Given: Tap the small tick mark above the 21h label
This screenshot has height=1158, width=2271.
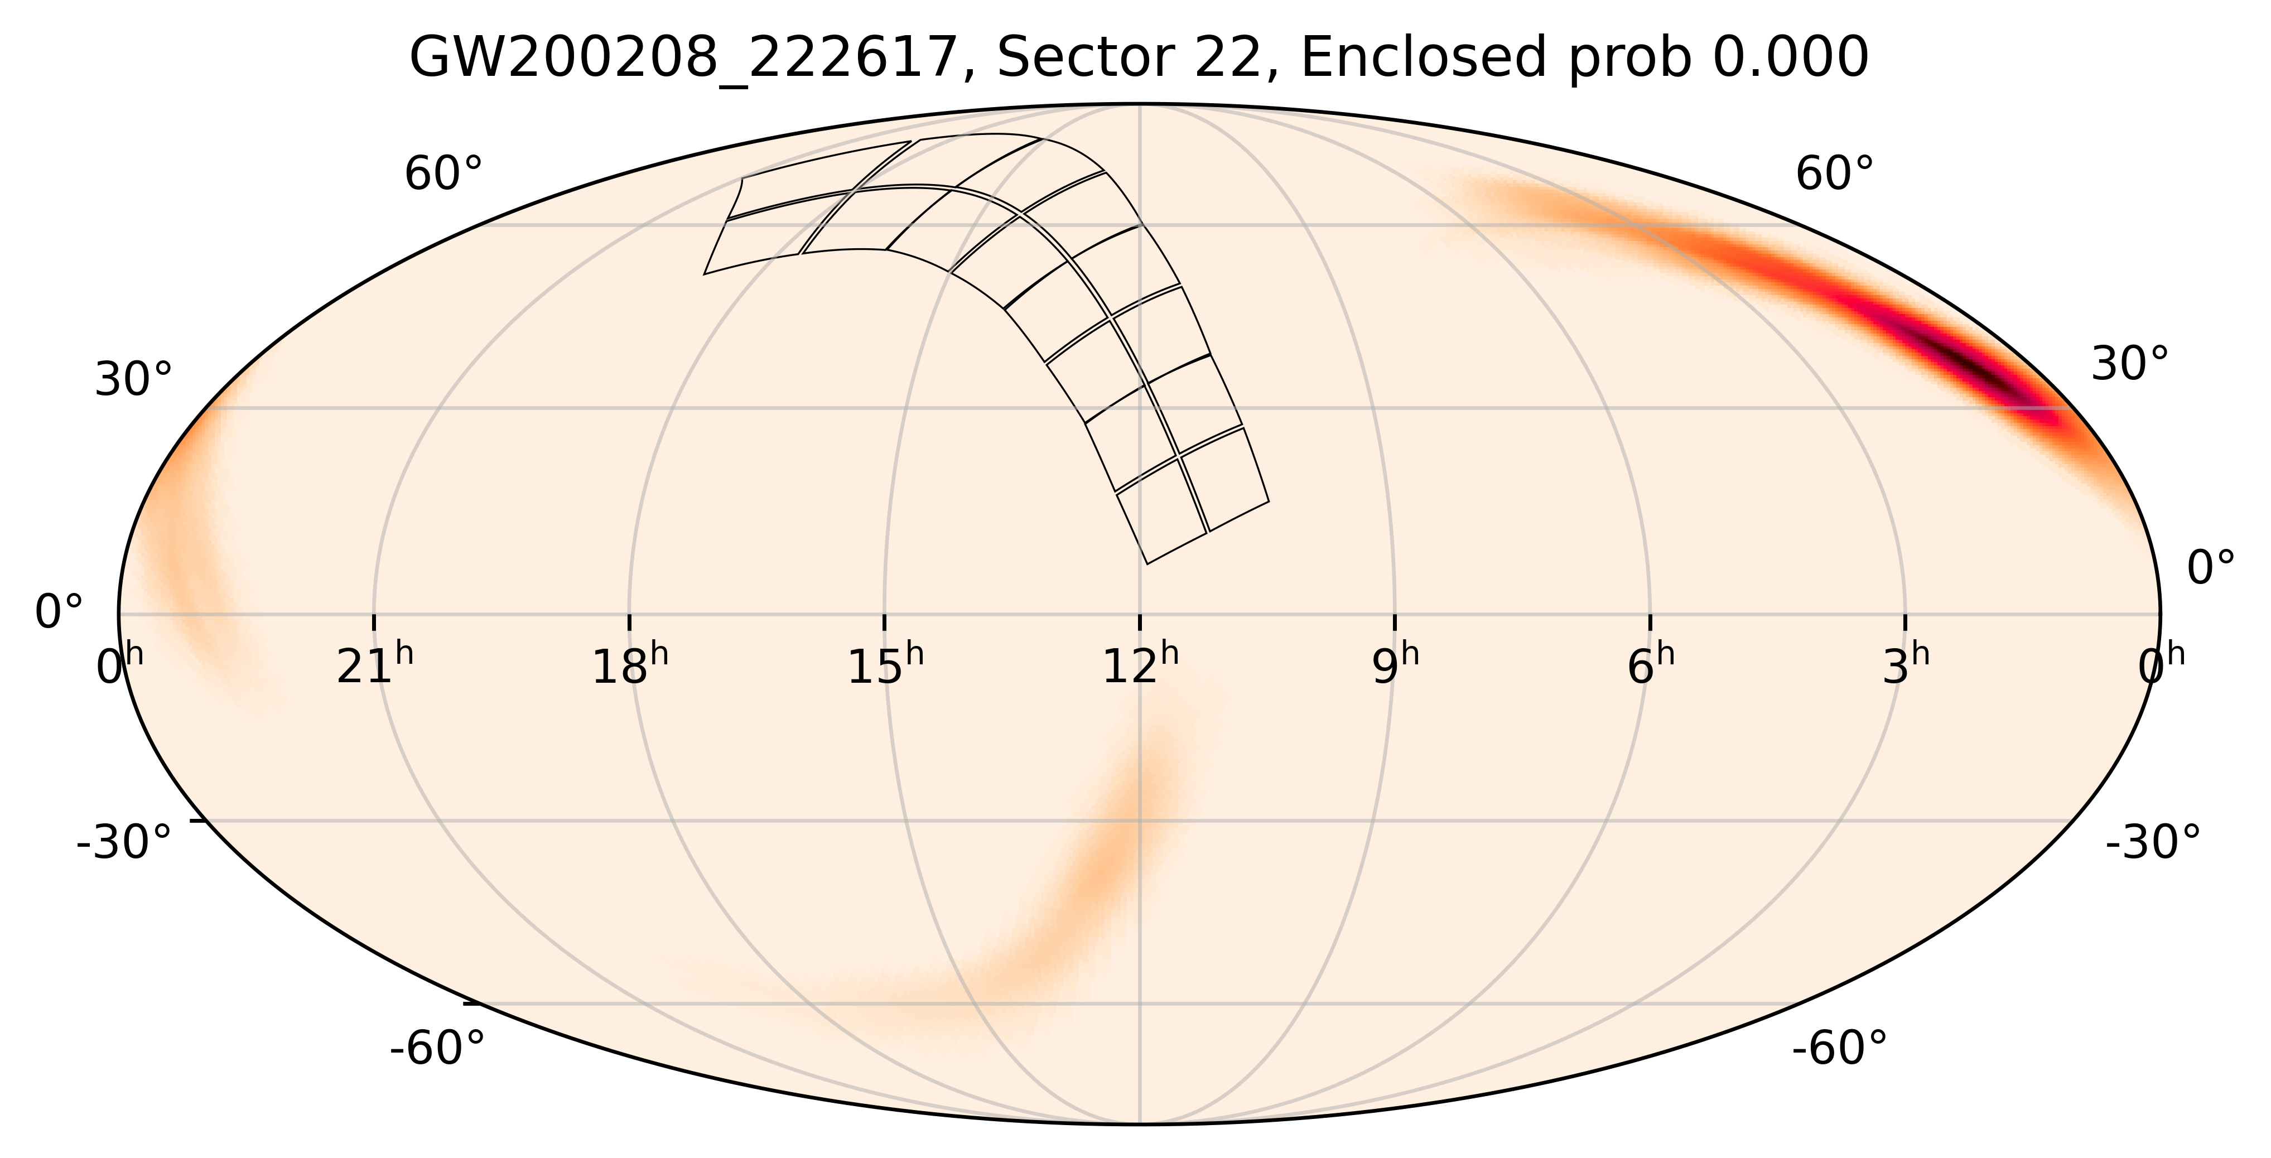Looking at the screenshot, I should click(374, 622).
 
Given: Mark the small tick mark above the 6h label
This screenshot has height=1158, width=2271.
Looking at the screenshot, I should click(1650, 622).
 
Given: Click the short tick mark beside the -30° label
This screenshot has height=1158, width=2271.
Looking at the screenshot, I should click(199, 821).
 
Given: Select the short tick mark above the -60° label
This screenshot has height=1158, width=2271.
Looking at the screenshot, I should click(471, 1003).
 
